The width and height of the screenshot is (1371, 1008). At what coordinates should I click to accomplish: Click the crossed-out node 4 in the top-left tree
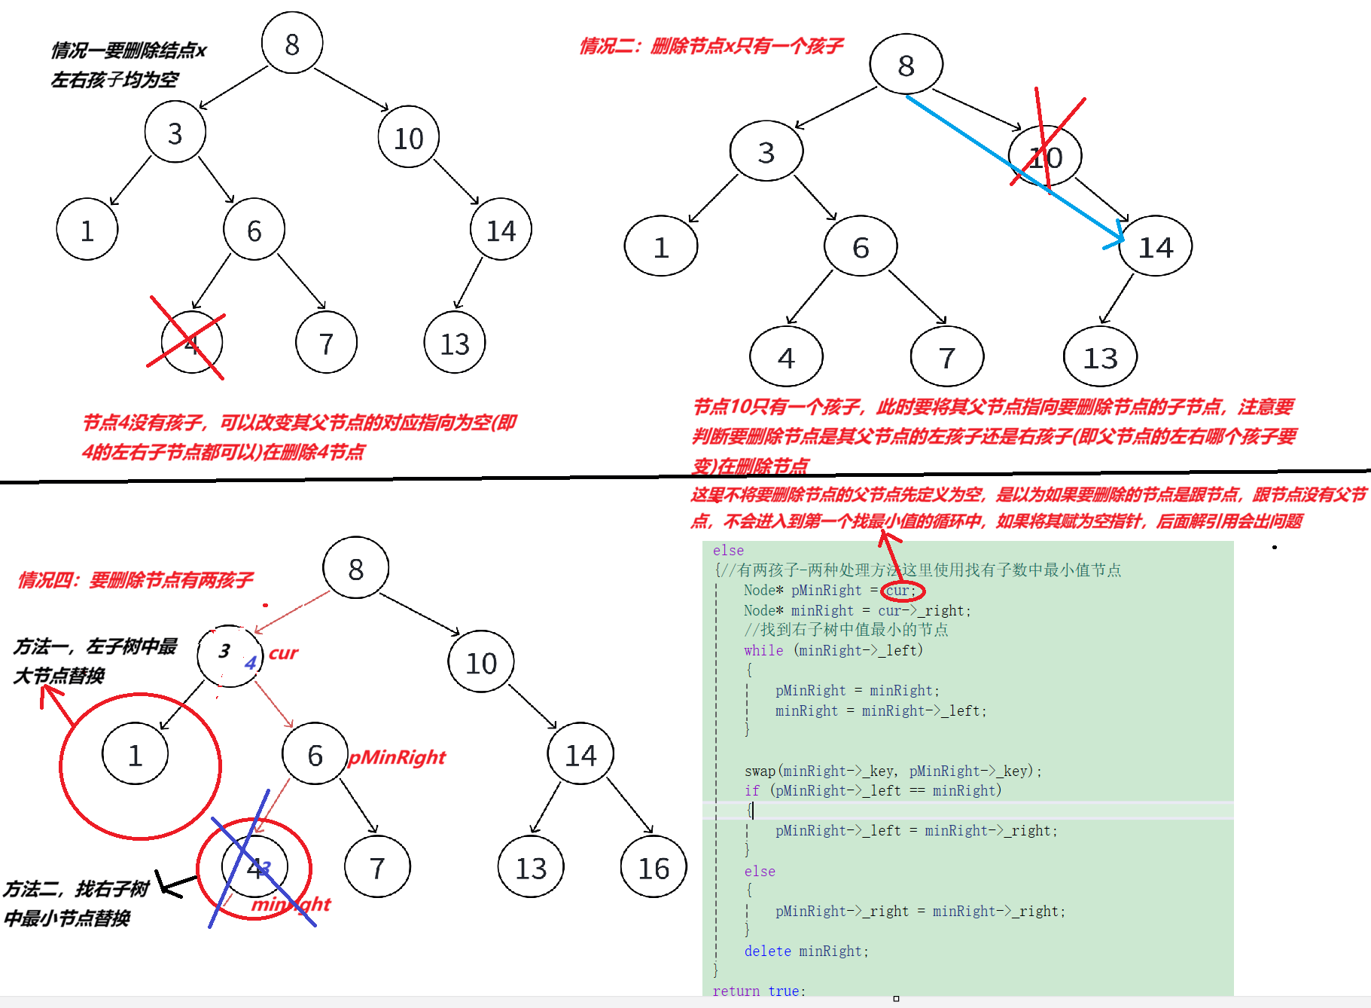[191, 344]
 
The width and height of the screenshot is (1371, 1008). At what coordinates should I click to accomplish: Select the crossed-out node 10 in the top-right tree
[1045, 157]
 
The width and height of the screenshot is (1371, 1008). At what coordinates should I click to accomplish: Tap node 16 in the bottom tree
[654, 868]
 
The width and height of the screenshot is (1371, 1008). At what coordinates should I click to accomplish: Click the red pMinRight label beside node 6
[397, 757]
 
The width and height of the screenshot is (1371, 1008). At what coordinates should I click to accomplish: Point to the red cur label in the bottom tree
[283, 653]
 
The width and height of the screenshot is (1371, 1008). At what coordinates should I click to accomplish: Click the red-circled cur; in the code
[901, 591]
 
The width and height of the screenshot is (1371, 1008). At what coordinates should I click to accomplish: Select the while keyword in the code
[763, 650]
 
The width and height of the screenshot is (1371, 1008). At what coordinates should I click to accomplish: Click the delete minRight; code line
[806, 951]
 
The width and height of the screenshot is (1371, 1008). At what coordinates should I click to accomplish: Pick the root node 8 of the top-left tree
[292, 44]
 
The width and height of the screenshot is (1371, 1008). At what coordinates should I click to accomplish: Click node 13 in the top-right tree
[1100, 357]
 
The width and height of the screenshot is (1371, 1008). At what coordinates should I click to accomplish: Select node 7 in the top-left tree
[326, 344]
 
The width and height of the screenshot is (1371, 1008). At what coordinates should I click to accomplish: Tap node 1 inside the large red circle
[135, 755]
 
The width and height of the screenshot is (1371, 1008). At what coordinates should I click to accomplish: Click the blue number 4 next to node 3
[251, 663]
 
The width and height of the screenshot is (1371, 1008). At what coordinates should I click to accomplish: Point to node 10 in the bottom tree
[481, 663]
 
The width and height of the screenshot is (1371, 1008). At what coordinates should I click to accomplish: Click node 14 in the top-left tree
[501, 230]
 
